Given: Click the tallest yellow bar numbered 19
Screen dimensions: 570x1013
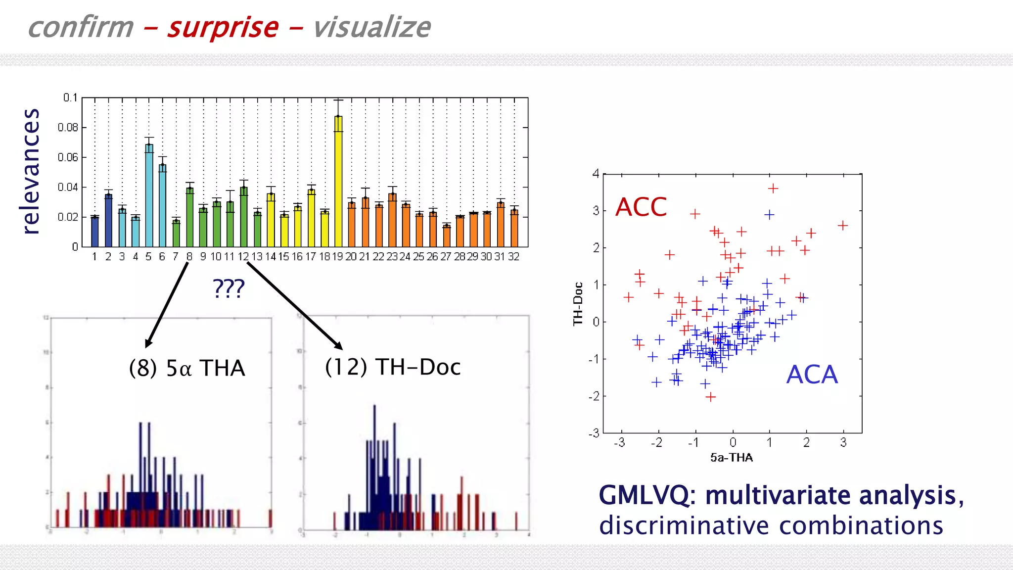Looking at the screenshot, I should click(x=338, y=183).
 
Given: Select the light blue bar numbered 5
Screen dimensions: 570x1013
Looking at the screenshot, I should click(x=149, y=198).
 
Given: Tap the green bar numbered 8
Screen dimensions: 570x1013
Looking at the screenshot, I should click(x=189, y=218).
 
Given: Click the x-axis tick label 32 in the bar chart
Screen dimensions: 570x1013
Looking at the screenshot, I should click(x=514, y=256).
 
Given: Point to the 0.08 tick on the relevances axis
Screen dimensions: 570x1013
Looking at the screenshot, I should click(x=68, y=128).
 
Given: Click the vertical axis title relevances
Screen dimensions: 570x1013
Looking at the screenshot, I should click(x=31, y=171).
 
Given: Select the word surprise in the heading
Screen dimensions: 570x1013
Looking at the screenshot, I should click(x=223, y=27).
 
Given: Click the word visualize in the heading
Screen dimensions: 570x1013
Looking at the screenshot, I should click(x=372, y=27).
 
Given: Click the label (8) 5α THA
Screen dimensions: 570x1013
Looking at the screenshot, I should click(x=187, y=368).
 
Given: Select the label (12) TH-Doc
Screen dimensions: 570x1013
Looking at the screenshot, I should click(x=393, y=367).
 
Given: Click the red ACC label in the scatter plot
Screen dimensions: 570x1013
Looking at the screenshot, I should click(x=641, y=207).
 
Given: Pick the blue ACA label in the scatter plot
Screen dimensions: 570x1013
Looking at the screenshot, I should click(x=812, y=375).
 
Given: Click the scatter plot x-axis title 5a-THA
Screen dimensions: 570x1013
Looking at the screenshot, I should click(x=732, y=458).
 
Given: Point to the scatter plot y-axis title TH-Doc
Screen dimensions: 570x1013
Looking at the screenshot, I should click(x=578, y=303).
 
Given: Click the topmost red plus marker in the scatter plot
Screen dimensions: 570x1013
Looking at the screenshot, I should click(x=773, y=189).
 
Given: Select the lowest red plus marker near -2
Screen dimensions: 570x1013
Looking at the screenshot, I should click(x=711, y=397).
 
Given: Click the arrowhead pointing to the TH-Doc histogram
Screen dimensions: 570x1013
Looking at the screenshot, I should click(x=339, y=345).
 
